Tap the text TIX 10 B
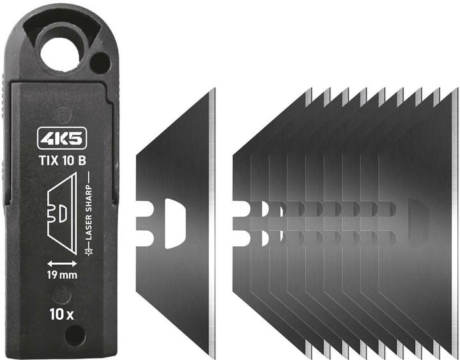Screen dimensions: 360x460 63,160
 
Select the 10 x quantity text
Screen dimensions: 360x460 62,314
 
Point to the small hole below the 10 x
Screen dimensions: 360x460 75,334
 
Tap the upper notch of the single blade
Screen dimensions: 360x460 144,210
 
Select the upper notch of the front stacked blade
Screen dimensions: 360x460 243,209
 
